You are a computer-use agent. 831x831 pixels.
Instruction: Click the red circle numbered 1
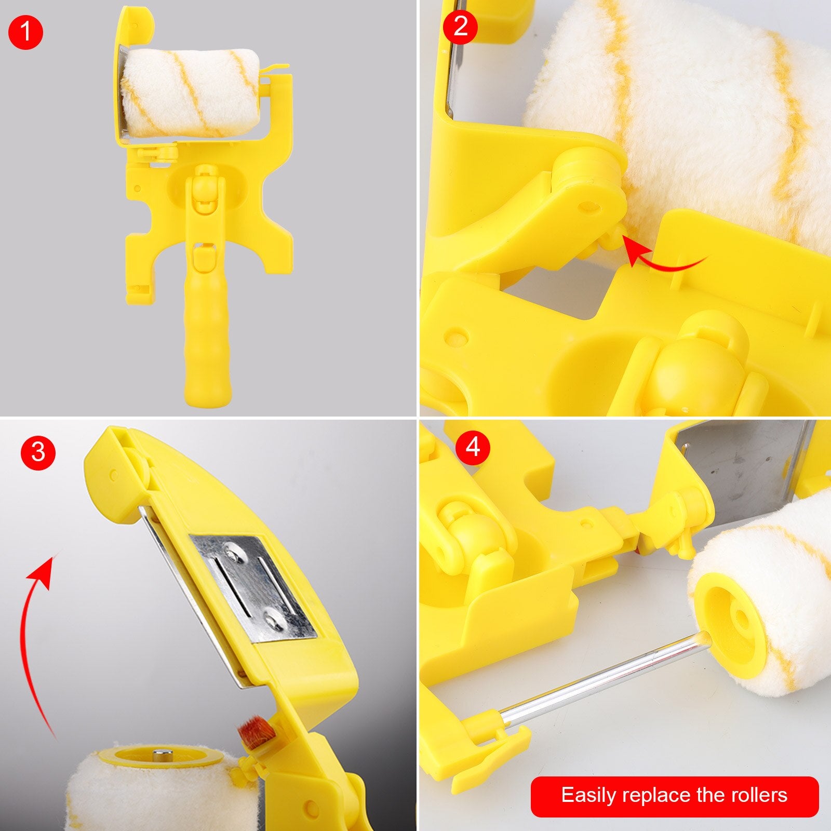click(25, 33)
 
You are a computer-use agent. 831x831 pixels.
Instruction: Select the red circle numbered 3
click(38, 452)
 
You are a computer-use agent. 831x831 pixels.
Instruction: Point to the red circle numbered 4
click(473, 447)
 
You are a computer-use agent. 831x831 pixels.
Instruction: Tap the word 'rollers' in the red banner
click(759, 795)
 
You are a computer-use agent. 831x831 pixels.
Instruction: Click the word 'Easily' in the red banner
click(588, 796)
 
